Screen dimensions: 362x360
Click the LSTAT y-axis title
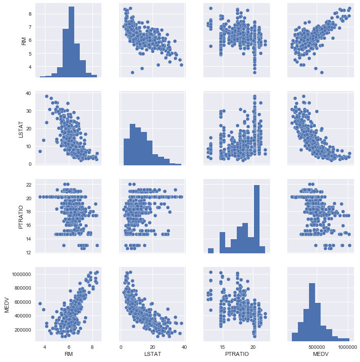click(x=24, y=128)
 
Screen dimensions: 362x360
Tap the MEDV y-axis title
click(x=7, y=302)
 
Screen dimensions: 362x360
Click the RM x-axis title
click(x=68, y=355)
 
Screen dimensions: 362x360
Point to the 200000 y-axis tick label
click(x=23, y=330)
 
